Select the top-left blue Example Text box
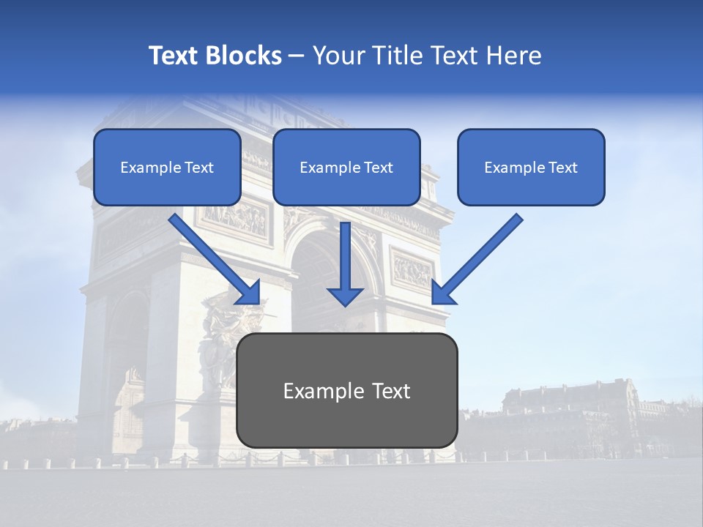coord(167,167)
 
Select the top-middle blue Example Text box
coord(346,167)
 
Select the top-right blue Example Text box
coord(531,167)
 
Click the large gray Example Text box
coord(346,390)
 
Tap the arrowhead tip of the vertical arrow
coord(345,303)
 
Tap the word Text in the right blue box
coord(562,168)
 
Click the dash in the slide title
coord(297,56)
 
